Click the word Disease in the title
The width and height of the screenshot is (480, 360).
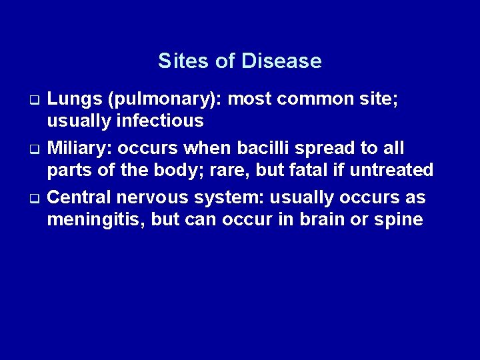282,61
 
